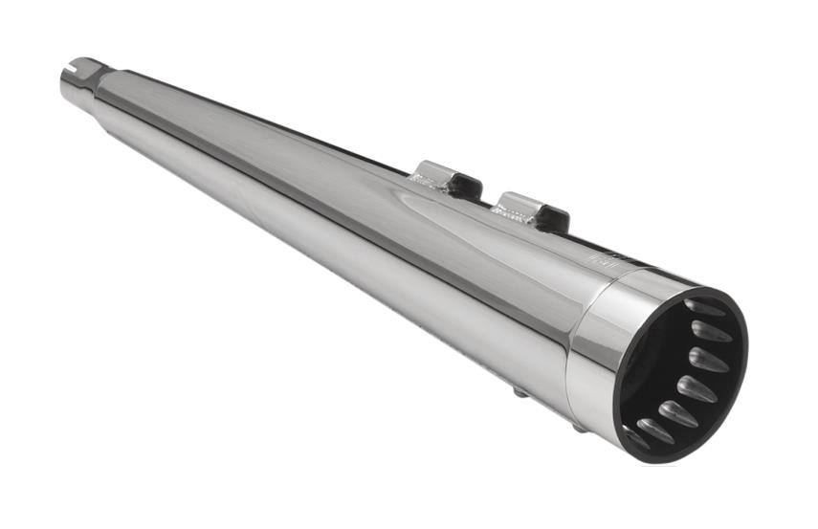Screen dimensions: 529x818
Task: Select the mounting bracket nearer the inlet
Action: [x=444, y=180]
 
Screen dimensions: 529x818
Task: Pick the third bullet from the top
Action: [x=708, y=361]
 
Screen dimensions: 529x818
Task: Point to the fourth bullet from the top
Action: [x=696, y=388]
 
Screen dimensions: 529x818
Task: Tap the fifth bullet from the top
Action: [x=677, y=413]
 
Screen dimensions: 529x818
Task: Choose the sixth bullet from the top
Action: [x=655, y=431]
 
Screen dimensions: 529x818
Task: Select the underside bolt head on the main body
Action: [x=520, y=391]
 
